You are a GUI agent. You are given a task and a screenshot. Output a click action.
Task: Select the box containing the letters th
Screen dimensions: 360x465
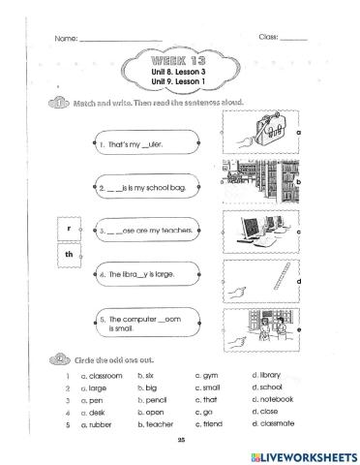click(70, 255)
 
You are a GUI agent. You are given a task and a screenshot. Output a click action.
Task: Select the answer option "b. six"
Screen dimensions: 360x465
click(149, 373)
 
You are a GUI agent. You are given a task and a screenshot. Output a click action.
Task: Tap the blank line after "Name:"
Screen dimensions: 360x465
click(120, 39)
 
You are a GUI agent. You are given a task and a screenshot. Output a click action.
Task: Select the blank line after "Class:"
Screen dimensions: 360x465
click(293, 38)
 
